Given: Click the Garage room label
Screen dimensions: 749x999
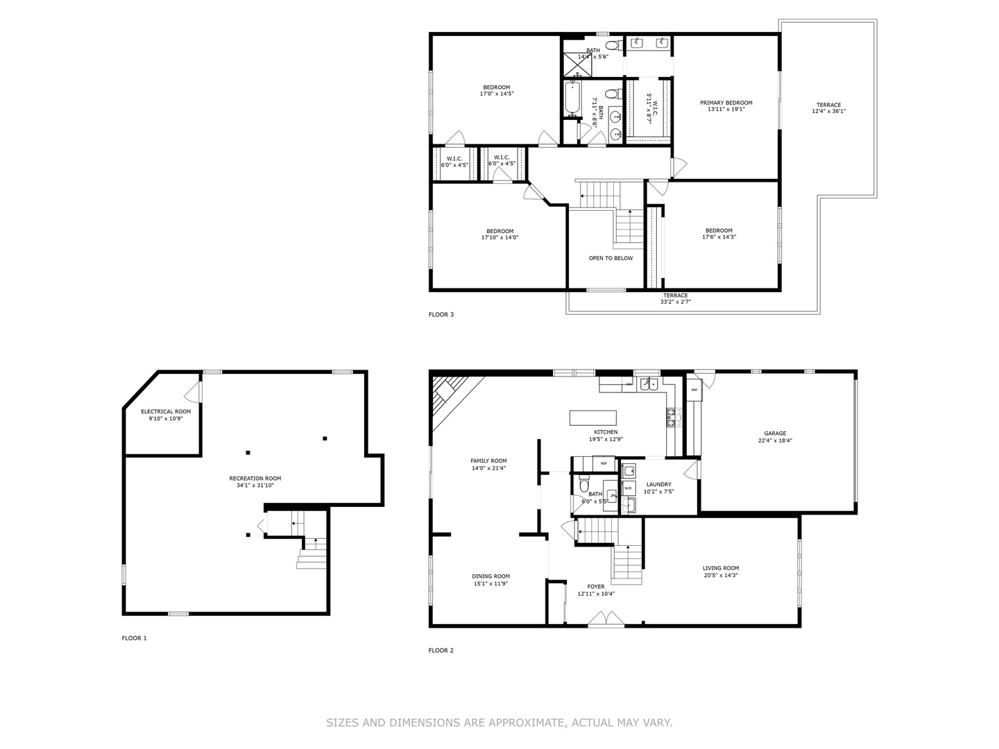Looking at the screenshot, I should click(x=775, y=433).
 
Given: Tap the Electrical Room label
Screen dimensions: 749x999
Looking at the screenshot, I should click(x=166, y=412).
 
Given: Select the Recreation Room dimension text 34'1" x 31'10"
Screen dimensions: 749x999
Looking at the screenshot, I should click(x=255, y=485).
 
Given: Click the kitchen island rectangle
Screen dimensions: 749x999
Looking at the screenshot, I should click(x=592, y=417).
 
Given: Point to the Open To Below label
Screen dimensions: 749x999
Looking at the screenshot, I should click(x=610, y=258).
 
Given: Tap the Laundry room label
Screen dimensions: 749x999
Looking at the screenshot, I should click(x=658, y=485).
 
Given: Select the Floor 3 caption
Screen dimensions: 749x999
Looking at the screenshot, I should click(x=441, y=315).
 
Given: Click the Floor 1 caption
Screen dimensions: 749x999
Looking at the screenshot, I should click(x=134, y=638).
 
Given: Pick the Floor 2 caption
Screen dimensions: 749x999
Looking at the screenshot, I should click(x=441, y=651).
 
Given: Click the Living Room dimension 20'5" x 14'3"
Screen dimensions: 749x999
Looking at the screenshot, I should click(x=721, y=576).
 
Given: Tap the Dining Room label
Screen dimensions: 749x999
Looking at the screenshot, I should click(x=491, y=576).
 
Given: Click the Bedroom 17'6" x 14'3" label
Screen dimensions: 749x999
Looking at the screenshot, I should click(x=719, y=231).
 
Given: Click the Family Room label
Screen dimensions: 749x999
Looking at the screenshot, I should click(x=488, y=461).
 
